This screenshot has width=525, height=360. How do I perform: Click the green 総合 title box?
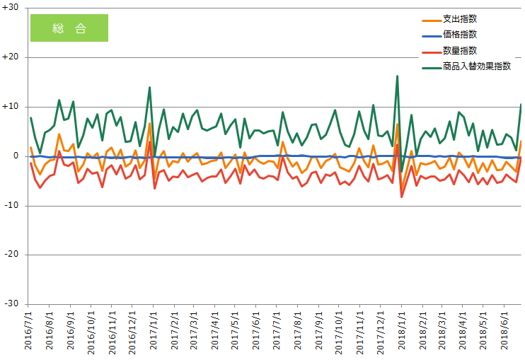coord(69,28)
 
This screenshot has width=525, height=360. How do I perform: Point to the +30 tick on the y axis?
coord(10,7)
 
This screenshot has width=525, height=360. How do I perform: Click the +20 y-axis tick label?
coord(10,57)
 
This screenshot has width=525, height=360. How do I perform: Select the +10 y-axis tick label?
coord(10,106)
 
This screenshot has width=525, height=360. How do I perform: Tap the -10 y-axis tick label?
coord(11,205)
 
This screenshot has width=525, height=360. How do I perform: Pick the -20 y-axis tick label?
coord(11,254)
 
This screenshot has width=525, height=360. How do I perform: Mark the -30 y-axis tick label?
coord(11,303)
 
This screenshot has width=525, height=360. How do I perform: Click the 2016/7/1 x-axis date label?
coord(28,330)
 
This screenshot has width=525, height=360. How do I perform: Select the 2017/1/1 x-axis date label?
coord(154,330)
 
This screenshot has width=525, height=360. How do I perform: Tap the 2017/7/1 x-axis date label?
coord(276,330)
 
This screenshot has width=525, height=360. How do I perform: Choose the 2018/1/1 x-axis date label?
coord(401,330)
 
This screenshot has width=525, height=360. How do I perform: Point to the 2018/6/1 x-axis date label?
coord(504,330)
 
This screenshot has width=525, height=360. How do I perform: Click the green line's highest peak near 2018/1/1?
coord(397,76)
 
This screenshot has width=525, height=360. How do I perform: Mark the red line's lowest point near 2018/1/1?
coord(402,197)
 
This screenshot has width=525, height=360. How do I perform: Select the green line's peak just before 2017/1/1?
coord(150,87)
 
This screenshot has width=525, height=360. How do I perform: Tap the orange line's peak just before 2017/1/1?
coord(150,124)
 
